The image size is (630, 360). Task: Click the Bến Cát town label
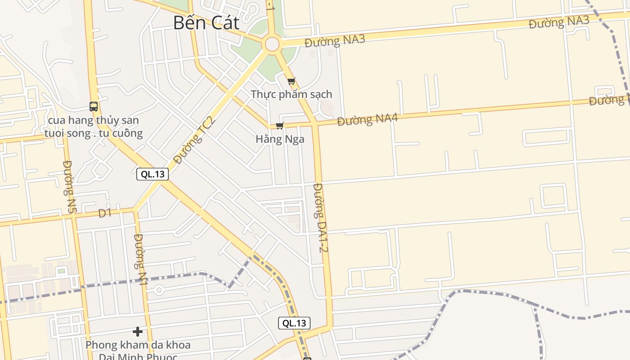pyautogui.click(x=206, y=23)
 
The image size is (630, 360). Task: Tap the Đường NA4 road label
pyautogui.click(x=367, y=120)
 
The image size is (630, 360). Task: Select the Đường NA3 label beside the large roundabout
pyautogui.click(x=335, y=41)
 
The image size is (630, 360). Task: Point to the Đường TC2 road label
pyautogui.click(x=195, y=140)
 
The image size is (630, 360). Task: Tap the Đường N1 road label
pyautogui.click(x=140, y=251)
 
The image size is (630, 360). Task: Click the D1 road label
pyautogui.click(x=105, y=213)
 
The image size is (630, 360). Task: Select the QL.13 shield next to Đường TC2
pyautogui.click(x=153, y=174)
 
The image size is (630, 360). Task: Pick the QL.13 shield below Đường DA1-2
pyautogui.click(x=294, y=323)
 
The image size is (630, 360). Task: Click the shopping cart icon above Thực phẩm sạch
pyautogui.click(x=292, y=81)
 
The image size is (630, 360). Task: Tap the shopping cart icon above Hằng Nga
pyautogui.click(x=280, y=126)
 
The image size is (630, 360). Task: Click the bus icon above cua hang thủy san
pyautogui.click(x=94, y=107)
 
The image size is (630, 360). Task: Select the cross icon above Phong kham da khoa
pyautogui.click(x=138, y=332)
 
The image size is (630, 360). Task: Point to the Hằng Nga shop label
pyautogui.click(x=280, y=139)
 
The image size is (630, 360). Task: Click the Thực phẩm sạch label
pyautogui.click(x=292, y=94)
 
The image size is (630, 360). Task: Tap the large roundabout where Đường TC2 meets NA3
pyautogui.click(x=272, y=44)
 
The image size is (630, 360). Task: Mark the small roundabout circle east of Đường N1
pyautogui.click(x=158, y=290)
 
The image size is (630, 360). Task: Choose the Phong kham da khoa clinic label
pyautogui.click(x=138, y=345)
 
